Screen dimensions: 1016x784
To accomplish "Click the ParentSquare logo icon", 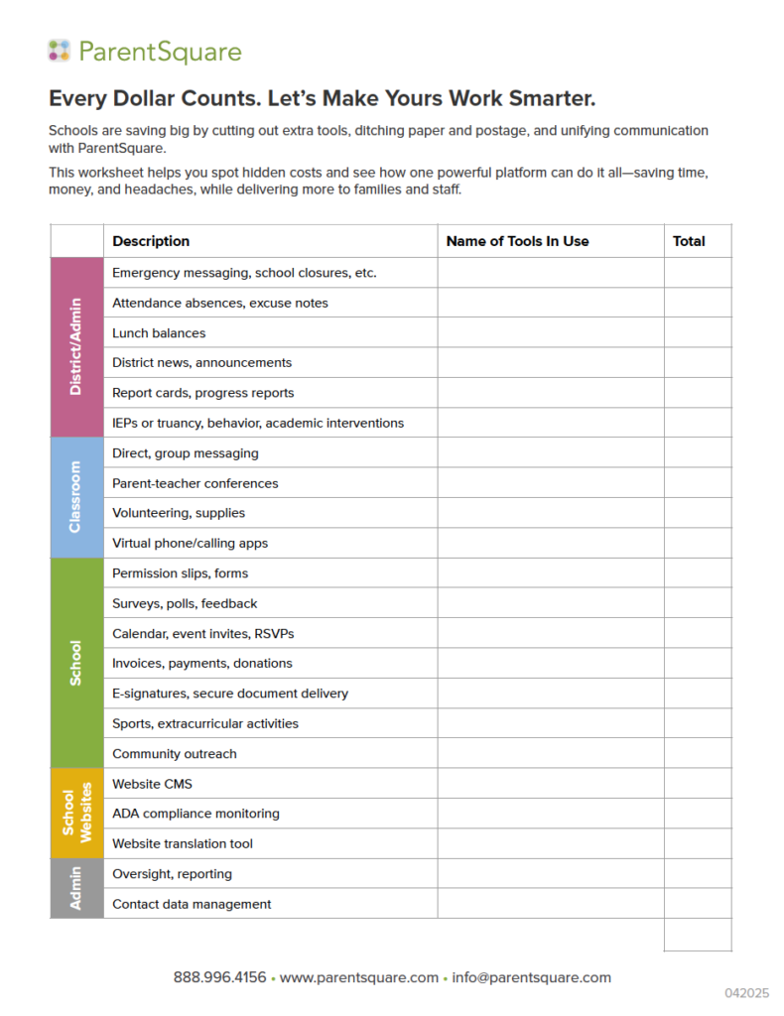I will point(60,51).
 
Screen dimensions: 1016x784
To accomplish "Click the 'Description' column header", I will point(151,241).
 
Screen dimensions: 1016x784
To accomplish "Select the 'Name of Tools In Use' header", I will point(517,241).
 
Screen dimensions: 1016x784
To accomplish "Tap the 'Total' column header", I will point(689,241).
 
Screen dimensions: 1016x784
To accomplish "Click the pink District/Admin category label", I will point(76,347).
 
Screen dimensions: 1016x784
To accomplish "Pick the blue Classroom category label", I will point(76,497).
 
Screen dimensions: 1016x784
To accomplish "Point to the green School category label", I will point(76,663).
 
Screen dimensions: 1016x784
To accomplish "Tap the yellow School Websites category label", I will point(76,813).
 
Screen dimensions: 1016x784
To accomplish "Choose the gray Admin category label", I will point(76,888).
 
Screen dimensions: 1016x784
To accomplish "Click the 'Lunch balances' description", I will point(159,333).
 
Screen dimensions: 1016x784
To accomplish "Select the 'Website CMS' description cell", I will point(152,784).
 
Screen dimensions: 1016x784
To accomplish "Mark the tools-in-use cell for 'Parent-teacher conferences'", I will point(551,483).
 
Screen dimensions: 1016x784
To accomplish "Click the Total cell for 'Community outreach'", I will point(698,753).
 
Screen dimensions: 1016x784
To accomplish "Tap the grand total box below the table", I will point(698,935).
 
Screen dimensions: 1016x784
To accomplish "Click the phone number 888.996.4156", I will point(219,977).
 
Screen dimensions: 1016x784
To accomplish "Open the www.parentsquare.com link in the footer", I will point(358,977).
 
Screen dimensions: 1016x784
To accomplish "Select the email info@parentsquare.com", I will point(531,977).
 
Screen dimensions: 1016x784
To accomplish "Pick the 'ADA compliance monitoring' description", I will point(196,814).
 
